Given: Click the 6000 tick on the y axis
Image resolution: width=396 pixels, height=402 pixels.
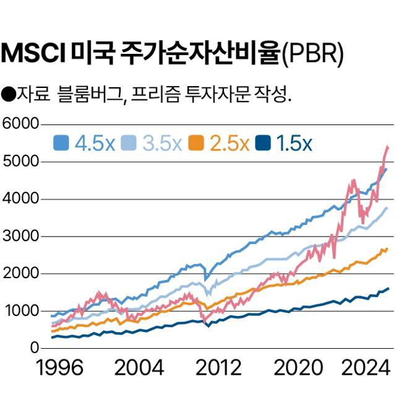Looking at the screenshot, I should coord(20,124).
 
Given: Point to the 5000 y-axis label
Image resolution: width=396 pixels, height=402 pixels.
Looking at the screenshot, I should coord(20,162).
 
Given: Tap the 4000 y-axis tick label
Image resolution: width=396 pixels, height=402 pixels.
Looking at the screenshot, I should coord(20,199).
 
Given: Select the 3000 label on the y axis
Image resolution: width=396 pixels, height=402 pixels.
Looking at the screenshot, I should coord(20,236).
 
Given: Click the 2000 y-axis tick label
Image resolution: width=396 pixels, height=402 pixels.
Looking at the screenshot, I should coord(20,273).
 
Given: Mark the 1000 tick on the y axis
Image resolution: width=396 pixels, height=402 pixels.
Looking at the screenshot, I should coord(20,310).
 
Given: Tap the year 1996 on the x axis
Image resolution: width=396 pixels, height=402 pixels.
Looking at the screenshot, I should coord(59,368).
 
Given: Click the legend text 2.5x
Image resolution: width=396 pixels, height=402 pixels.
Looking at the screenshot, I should coord(230,144).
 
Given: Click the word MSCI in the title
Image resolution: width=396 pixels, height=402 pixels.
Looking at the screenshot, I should coord(34,54).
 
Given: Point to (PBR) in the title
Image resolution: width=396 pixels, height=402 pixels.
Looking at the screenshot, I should coord(312,55).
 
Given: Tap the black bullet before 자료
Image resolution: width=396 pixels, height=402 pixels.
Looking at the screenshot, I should coord(9,95).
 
